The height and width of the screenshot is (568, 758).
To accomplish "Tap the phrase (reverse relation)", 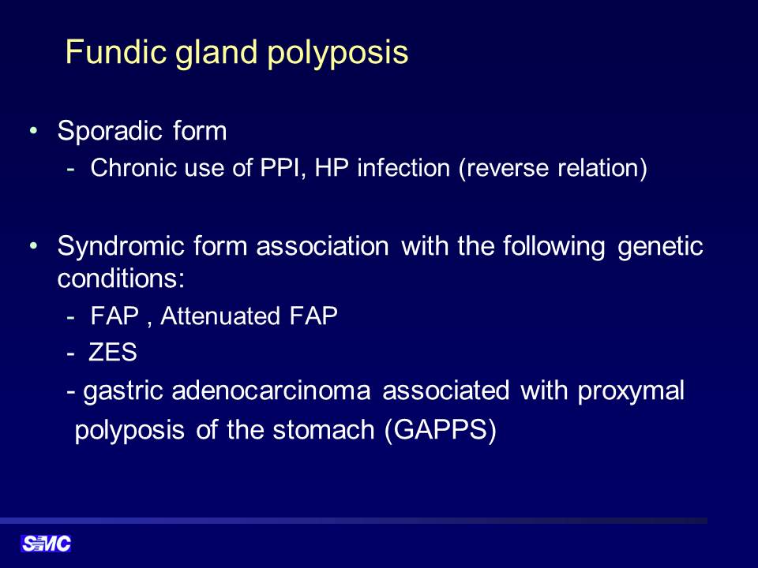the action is pos(553,169).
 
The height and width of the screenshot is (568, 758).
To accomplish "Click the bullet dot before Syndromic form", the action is pos(33,246).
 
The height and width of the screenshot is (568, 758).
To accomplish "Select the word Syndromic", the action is pos(121,247).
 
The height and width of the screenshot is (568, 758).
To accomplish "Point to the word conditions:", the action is pos(121,278).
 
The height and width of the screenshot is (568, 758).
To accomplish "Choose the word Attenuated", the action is pos(220,316).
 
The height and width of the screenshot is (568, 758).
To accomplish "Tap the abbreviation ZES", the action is pos(113,352).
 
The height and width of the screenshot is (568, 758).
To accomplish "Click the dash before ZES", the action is pos(71,354).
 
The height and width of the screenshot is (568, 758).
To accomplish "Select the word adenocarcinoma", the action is pos(271,390).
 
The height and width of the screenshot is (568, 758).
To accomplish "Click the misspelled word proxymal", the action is pos(631,392).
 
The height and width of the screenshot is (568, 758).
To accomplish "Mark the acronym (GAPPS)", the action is pos(441,430).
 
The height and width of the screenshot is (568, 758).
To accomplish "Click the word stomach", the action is pos(324,429).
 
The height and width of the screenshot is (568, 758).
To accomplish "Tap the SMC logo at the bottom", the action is pos(46,544).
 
